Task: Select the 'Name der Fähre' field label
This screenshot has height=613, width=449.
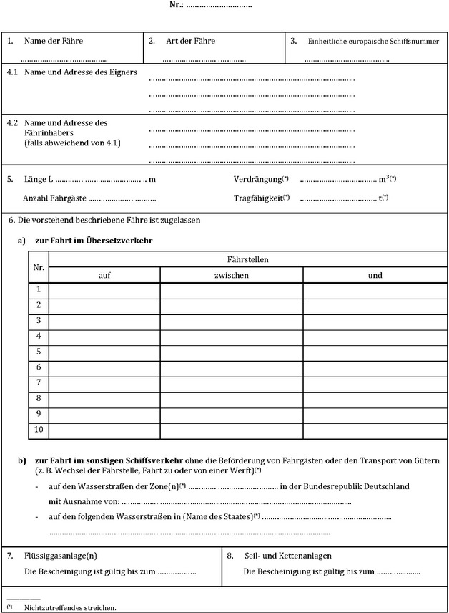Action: [x=53, y=42]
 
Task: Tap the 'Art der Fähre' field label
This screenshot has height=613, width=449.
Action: [x=190, y=42]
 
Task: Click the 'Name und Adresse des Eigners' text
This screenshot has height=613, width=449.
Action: [x=81, y=72]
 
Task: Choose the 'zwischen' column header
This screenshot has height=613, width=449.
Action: [x=231, y=275]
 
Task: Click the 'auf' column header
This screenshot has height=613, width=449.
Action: [x=104, y=275]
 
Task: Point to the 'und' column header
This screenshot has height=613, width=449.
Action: [x=375, y=275]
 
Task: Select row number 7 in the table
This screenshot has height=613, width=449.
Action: [x=39, y=382]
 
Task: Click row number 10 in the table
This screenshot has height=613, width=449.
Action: [x=39, y=430]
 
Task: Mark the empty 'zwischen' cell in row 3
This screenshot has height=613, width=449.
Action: [x=231, y=321]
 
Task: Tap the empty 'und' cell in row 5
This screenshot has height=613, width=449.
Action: [x=375, y=352]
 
